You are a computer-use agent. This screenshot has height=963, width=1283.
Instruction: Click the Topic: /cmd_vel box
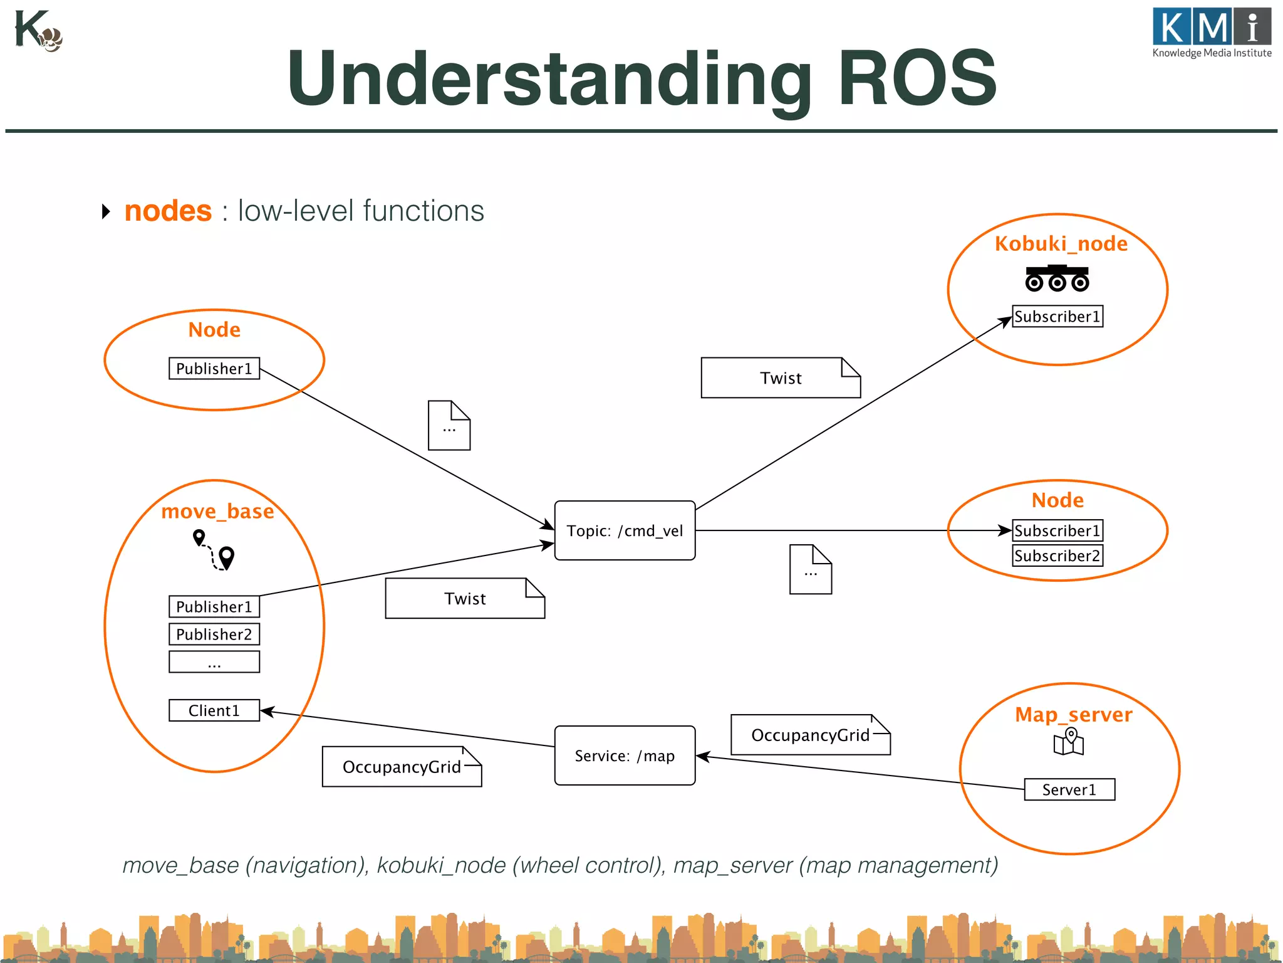(625, 530)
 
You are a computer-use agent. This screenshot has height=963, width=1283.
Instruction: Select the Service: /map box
(625, 755)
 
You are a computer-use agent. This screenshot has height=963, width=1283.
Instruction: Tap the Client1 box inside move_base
(214, 710)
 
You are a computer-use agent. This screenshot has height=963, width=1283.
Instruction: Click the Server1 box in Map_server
(1069, 789)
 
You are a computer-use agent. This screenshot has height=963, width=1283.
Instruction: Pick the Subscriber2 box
(1057, 555)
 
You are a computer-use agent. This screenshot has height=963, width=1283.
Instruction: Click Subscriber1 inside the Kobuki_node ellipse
(1057, 316)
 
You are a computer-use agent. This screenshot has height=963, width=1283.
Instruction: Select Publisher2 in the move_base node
(214, 634)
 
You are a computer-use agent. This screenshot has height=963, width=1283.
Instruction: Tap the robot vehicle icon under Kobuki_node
(1057, 278)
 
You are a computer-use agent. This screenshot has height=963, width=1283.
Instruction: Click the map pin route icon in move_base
(214, 550)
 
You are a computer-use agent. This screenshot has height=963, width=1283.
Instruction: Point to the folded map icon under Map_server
(1069, 742)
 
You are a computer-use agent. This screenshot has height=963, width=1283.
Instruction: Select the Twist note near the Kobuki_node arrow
(781, 378)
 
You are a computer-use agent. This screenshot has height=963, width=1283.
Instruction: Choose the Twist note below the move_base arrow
(465, 599)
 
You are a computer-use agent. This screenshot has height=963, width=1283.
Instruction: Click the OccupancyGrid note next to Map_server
(810, 735)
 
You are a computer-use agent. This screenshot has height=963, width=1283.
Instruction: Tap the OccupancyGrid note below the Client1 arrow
(402, 767)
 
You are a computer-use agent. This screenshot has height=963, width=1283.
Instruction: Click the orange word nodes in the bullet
(168, 211)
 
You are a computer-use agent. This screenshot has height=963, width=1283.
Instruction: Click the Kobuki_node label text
(1061, 243)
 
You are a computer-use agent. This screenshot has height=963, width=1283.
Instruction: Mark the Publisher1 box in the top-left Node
(214, 369)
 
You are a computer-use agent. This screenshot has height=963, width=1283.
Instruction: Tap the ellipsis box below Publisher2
(214, 662)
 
